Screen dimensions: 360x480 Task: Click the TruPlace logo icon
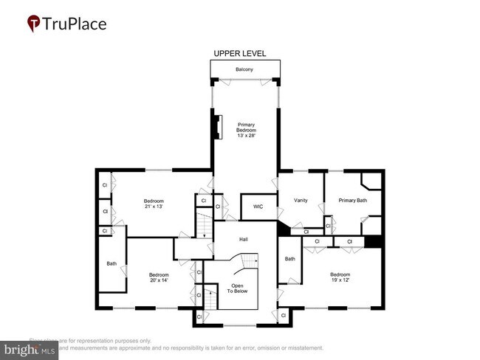coord(34,24)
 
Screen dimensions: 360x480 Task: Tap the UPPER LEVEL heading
coord(240,54)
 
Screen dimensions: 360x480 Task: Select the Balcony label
coord(244,70)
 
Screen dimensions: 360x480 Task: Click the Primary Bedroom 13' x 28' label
coord(246,130)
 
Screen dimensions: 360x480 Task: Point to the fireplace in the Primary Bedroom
coord(217,126)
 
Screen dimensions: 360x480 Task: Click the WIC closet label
coord(258,207)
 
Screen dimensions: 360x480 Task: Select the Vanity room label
coord(300,200)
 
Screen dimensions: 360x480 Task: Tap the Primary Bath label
coord(352,200)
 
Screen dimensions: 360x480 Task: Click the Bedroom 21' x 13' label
coord(154,204)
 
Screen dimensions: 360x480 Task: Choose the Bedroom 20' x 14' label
coord(159,278)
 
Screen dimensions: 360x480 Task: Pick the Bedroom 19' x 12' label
coord(346,277)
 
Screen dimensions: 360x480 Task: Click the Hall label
coord(244,239)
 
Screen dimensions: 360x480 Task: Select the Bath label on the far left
coord(112,263)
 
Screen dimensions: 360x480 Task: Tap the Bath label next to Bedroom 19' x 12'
coord(290,258)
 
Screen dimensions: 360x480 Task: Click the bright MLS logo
coord(30,349)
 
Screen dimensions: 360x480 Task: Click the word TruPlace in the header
coord(75,24)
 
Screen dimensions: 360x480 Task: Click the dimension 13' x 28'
coord(246,136)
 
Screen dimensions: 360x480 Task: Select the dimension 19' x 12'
coord(346,280)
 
